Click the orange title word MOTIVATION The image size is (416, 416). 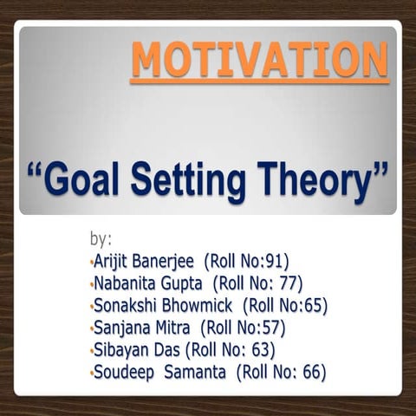[x=259, y=61]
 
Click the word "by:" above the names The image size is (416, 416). [x=101, y=238]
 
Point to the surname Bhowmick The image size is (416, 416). [x=198, y=305]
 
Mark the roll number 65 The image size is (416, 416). [x=313, y=305]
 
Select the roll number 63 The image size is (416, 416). [x=261, y=350]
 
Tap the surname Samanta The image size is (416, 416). [x=192, y=373]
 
